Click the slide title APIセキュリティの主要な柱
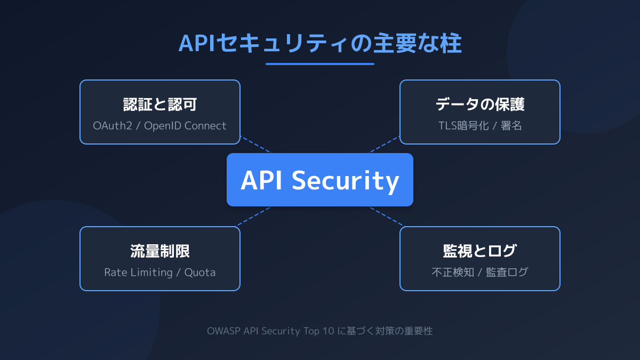pyautogui.click(x=320, y=44)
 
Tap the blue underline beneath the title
pyautogui.click(x=320, y=64)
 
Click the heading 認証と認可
pyautogui.click(x=160, y=105)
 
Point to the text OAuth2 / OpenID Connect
pyautogui.click(x=160, y=126)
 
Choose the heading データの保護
pyautogui.click(x=480, y=105)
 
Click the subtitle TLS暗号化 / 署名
pyautogui.click(x=480, y=126)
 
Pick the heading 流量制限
pyautogui.click(x=160, y=251)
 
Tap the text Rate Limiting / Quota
pyautogui.click(x=160, y=273)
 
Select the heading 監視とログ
pyautogui.click(x=480, y=251)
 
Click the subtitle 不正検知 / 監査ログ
pyautogui.click(x=480, y=273)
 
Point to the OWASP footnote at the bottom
pyautogui.click(x=320, y=331)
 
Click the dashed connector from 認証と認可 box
pyautogui.click(x=255, y=145)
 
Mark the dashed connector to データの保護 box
pyautogui.click(x=385, y=145)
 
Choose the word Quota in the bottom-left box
pyautogui.click(x=200, y=273)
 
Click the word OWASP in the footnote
pyautogui.click(x=223, y=331)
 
